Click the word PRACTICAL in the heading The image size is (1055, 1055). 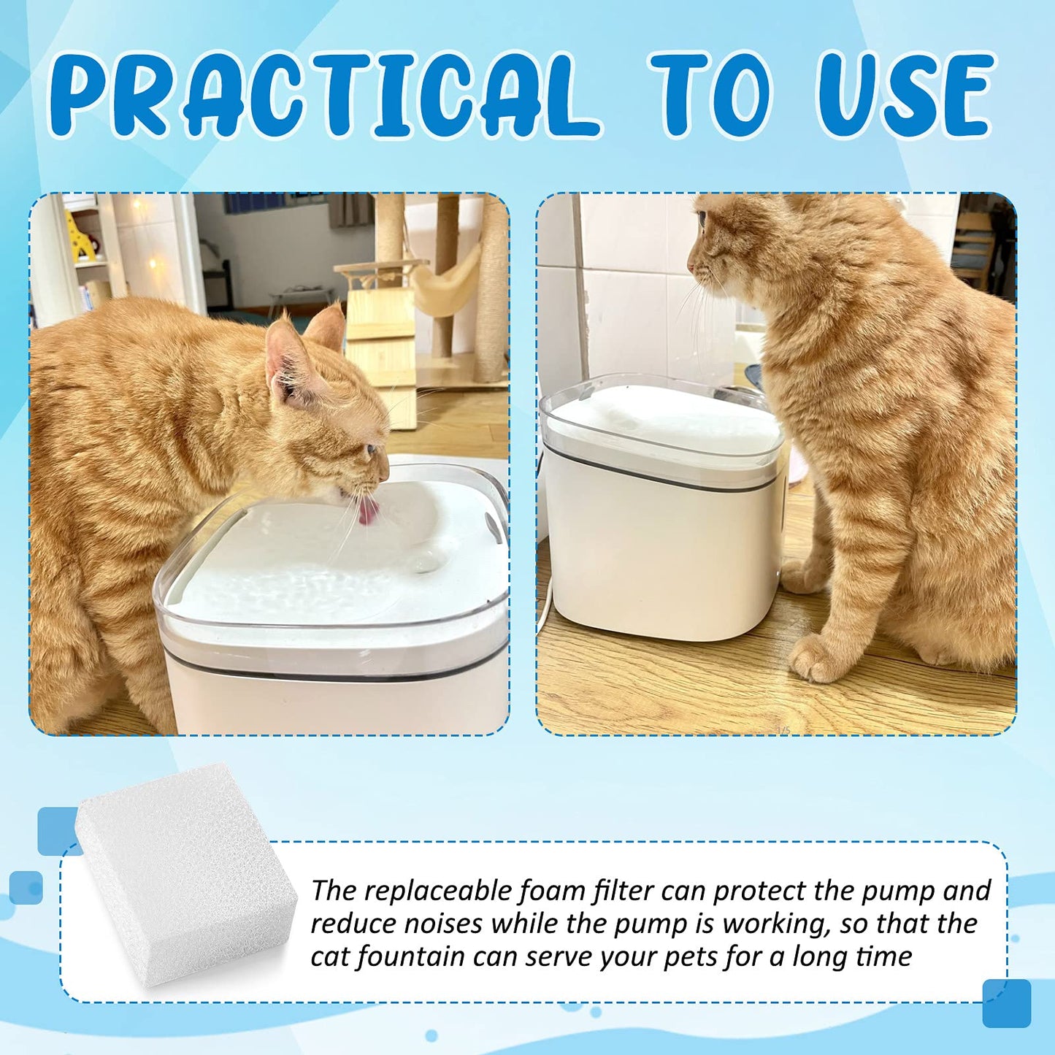click(323, 94)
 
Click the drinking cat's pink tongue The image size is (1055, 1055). click(369, 510)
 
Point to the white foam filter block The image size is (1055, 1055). click(185, 872)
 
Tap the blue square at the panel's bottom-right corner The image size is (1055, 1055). click(1006, 1004)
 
